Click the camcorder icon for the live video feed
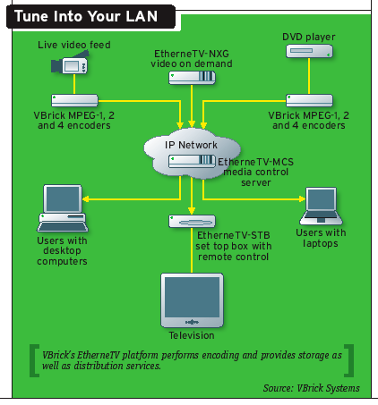coord(70,63)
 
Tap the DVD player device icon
coord(309,51)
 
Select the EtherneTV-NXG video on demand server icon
coord(192,78)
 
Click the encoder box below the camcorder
coord(74,100)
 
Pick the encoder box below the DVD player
coord(309,100)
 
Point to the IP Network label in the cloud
coord(191,145)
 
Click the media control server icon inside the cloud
coord(192,161)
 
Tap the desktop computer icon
coord(63,208)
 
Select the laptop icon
coord(321,206)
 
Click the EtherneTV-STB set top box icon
coord(192,222)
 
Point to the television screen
coord(192,297)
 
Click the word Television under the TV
coord(192,335)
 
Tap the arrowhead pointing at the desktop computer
coord(85,198)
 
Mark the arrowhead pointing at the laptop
coord(302,198)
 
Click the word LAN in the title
coord(142,16)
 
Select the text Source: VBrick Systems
coord(312,388)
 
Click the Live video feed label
coord(74,45)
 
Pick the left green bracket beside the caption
coord(34,360)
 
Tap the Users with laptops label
coord(321,238)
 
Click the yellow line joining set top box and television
coord(192,250)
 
